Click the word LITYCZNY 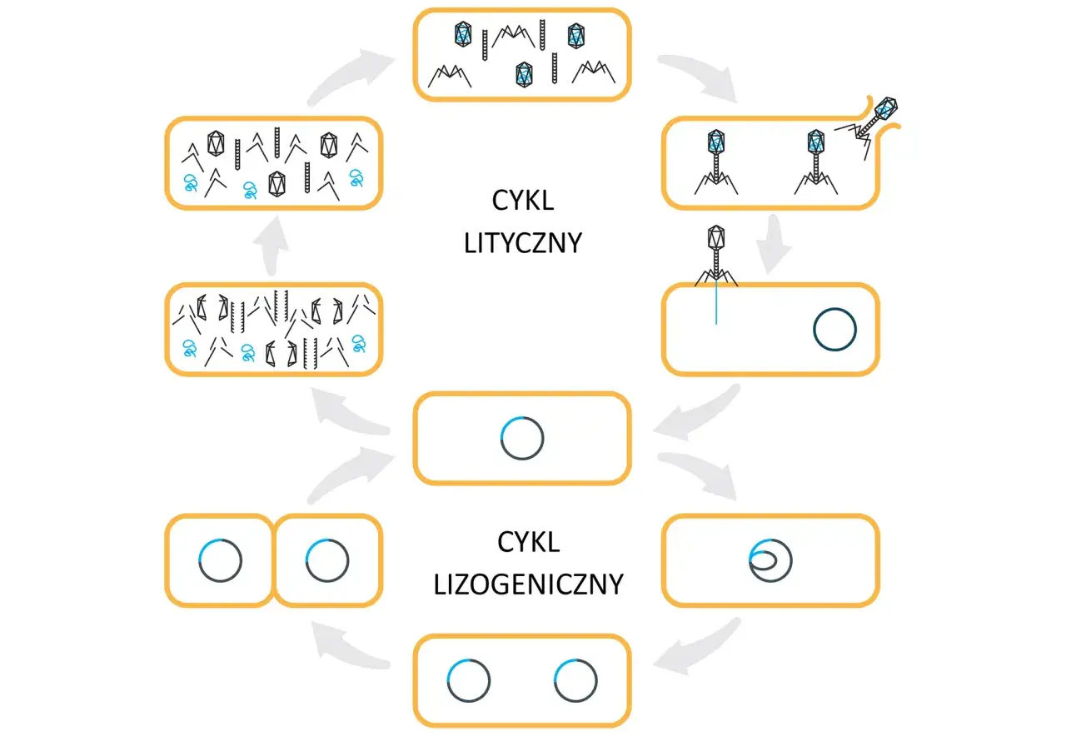click(x=522, y=243)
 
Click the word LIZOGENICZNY click(x=528, y=584)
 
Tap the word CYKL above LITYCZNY click(x=522, y=201)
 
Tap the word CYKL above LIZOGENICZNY click(x=528, y=542)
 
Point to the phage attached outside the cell click(x=716, y=256)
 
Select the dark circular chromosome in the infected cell click(x=834, y=329)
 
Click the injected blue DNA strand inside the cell click(x=716, y=305)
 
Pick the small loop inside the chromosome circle click(x=764, y=560)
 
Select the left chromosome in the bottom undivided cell click(x=468, y=680)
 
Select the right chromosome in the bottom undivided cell click(x=575, y=680)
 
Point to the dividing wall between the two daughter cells click(x=274, y=560)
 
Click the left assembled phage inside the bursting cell click(x=715, y=162)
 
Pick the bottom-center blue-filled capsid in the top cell click(x=524, y=75)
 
